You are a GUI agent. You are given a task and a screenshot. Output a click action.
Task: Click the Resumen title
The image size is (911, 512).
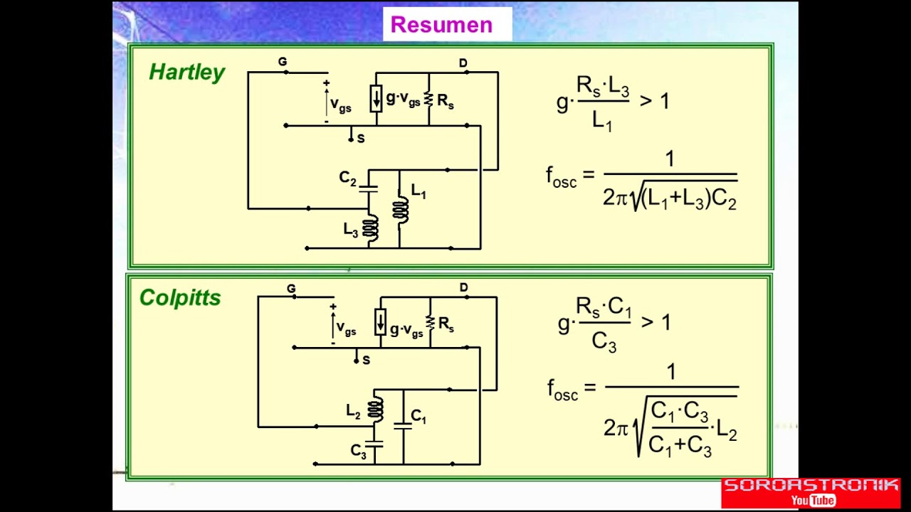441,25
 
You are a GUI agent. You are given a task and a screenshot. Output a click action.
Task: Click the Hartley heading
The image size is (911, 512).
186,73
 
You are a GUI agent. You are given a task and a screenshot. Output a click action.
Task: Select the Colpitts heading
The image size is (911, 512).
180,298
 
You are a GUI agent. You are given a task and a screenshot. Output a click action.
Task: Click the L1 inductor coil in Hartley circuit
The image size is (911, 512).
400,209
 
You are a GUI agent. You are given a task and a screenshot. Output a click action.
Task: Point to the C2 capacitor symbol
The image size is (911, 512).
369,189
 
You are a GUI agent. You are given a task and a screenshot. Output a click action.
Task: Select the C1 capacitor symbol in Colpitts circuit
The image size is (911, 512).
403,426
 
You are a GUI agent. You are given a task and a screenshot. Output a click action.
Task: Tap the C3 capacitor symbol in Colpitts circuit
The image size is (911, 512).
374,444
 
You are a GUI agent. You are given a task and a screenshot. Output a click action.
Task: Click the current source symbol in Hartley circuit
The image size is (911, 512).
376,98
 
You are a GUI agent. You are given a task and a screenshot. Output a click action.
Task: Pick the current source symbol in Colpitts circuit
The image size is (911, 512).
380,322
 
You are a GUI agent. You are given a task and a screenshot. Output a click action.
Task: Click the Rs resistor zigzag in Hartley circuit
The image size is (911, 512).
428,99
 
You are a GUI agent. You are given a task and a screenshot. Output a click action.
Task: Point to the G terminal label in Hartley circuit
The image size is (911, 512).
283,62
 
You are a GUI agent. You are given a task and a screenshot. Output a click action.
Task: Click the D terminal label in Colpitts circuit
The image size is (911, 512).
463,287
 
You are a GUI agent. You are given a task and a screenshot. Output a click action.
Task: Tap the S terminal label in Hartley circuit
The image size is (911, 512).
361,139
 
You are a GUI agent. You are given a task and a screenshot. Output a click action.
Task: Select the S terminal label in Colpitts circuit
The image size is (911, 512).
366,360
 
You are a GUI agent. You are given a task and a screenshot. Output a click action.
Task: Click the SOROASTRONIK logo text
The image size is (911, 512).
811,485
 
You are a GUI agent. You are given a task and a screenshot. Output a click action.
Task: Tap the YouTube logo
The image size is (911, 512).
813,500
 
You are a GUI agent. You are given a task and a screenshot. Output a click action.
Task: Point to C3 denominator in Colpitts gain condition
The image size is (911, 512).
604,342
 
